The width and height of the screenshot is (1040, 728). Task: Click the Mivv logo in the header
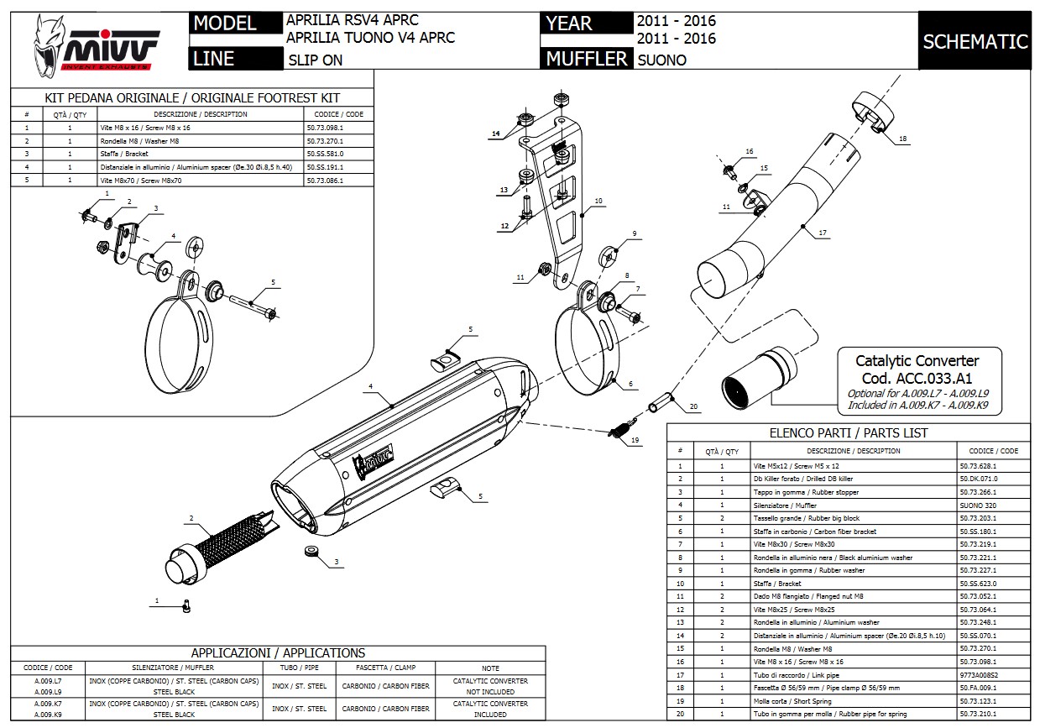coord(95,42)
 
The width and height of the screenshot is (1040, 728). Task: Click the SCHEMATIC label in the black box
coord(975,41)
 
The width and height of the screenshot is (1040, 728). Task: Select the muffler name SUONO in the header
coord(661,60)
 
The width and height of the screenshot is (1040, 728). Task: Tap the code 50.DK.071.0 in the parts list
coord(978,479)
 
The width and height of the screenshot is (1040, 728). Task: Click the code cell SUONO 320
coord(974,505)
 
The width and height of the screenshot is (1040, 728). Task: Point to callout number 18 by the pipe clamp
coord(902,138)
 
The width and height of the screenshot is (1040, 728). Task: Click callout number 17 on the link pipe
coord(823,233)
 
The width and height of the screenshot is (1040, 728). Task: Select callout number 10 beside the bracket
coord(598,201)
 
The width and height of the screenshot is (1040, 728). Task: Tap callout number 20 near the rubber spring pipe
coord(693,406)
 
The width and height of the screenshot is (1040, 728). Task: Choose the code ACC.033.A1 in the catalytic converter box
coord(916,379)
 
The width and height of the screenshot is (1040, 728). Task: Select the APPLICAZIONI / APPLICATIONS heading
coord(278,652)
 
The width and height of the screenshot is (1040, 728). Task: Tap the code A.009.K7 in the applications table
coord(48,704)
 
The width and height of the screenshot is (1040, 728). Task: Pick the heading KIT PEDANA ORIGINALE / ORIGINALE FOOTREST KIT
coord(191,98)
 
